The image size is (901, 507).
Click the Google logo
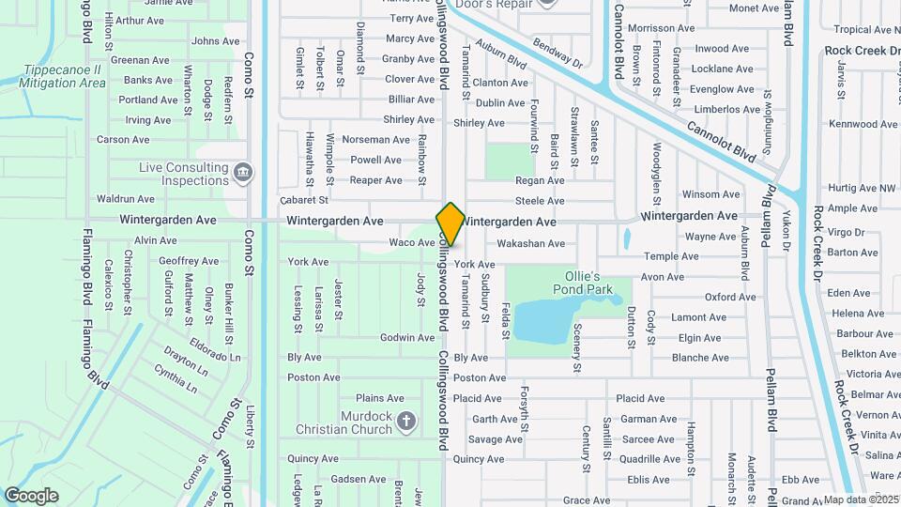click(x=32, y=495)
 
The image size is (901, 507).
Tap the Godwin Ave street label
click(x=406, y=337)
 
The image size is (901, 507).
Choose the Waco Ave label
click(x=412, y=242)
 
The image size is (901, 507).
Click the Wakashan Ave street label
click(x=530, y=243)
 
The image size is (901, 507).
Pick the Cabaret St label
click(x=304, y=200)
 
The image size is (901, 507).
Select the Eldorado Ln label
click(x=215, y=344)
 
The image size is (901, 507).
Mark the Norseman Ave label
click(x=375, y=139)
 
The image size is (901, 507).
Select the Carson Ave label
click(x=123, y=140)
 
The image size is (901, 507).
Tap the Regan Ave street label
click(x=540, y=180)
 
